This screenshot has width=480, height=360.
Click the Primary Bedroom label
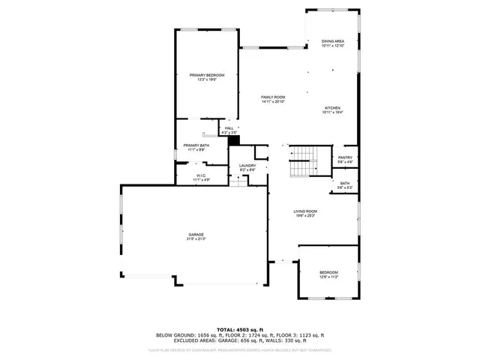[x=207, y=75]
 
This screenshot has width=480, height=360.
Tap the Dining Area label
[x=332, y=41]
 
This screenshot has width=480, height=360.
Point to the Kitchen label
[x=332, y=107]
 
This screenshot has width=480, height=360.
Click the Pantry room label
[x=345, y=157]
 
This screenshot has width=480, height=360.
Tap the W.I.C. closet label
[x=202, y=175]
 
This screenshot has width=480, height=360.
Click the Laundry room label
[x=247, y=166]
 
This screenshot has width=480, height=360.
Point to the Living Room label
[x=305, y=211]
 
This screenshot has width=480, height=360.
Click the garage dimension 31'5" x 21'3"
[x=196, y=238]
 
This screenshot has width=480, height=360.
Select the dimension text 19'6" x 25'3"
[x=305, y=217]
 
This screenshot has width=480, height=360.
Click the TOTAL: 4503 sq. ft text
[x=239, y=330]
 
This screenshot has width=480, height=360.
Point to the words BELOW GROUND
[x=175, y=335]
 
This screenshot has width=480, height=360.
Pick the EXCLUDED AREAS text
[x=177, y=340]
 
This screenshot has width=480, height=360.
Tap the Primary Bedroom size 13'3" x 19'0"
[x=207, y=80]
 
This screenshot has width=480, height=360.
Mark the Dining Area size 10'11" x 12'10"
[x=332, y=46]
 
